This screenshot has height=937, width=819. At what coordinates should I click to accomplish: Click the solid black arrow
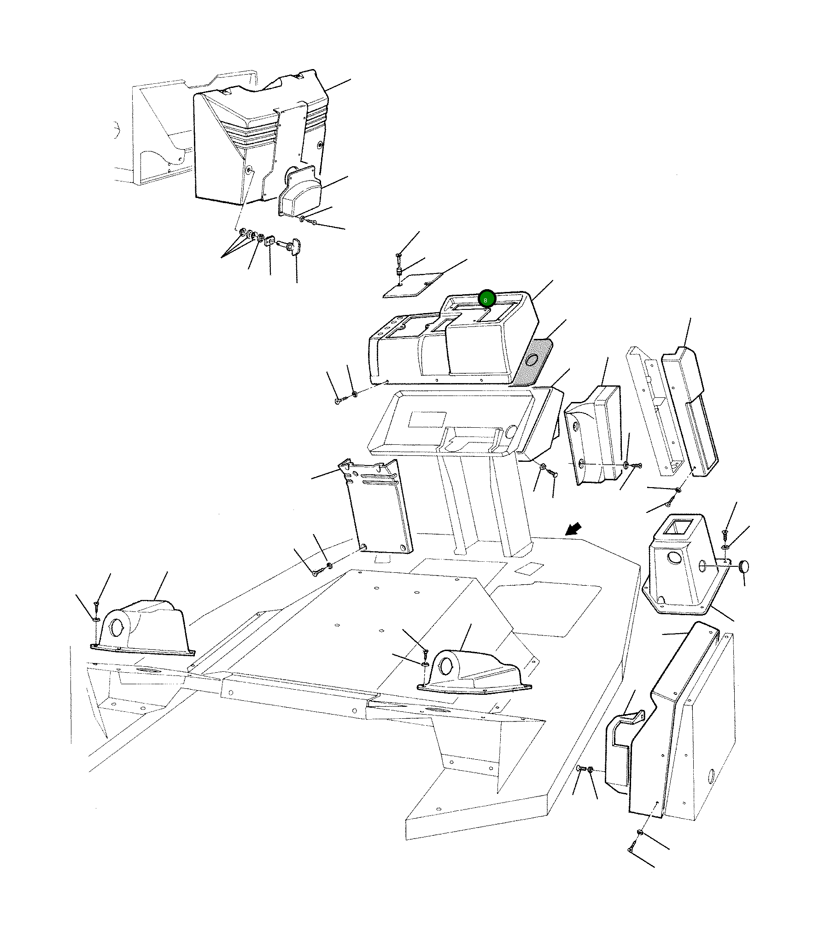point(574,529)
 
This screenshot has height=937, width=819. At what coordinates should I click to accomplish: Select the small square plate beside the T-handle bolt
point(270,241)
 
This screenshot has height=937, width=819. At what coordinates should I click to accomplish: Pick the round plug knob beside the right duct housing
point(744,566)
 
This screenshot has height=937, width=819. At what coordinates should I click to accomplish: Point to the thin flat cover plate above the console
point(413,285)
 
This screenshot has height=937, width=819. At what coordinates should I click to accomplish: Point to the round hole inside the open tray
point(510,432)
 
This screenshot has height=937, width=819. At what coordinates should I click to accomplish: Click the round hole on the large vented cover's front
point(250,171)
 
